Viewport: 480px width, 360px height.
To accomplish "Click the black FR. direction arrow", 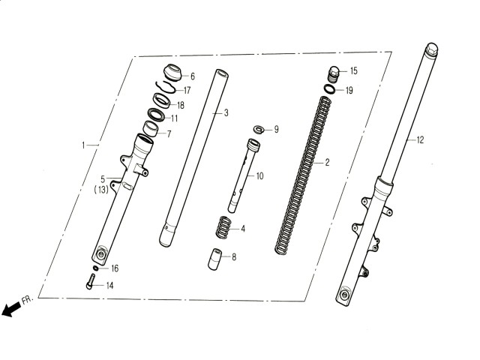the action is pos(10,309).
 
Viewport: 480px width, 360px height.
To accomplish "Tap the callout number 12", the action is pos(420,140).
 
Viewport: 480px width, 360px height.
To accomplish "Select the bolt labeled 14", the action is pos(91,281).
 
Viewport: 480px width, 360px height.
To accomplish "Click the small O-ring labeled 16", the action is pos(96,268).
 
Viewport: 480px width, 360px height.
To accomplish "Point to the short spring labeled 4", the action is pos(223,227).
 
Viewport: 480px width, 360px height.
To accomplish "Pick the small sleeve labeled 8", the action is pos(215,259).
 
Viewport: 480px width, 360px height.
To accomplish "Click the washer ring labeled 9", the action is pos(259,129).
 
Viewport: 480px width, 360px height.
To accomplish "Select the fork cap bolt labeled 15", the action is pos(333,74).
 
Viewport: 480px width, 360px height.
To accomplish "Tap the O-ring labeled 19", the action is pos(330,89).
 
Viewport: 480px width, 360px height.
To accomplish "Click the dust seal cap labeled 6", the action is pos(173,72).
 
